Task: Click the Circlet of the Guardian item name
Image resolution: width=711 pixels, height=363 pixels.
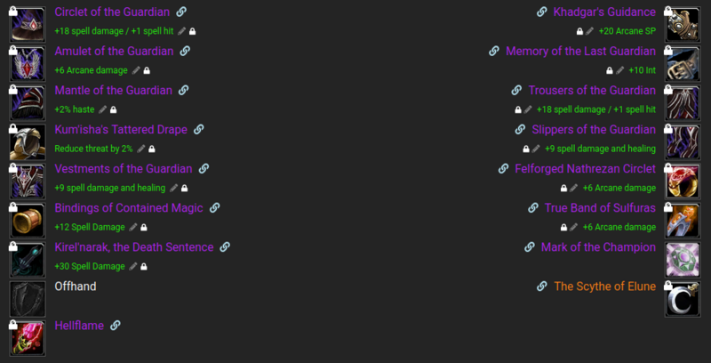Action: (112, 12)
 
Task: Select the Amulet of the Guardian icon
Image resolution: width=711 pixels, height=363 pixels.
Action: (27, 63)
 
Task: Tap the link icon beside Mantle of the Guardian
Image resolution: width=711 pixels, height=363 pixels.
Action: (183, 91)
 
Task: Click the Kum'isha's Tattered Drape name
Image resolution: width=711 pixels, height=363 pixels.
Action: (121, 130)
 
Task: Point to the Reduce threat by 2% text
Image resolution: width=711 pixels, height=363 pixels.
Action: (93, 149)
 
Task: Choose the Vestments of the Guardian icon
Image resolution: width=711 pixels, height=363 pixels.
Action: (27, 181)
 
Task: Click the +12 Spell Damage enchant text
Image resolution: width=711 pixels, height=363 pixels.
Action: (90, 227)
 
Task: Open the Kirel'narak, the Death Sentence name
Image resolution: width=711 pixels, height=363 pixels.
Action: (134, 247)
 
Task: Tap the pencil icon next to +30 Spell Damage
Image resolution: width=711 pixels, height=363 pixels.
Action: (133, 266)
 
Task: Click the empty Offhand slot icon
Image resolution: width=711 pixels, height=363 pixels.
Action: (27, 298)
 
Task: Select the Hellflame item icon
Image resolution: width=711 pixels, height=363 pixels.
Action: (27, 337)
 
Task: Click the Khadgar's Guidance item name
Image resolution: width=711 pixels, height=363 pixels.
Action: (604, 12)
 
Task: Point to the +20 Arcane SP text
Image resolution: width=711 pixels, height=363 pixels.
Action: (627, 31)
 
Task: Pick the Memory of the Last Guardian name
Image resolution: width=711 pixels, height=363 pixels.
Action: (580, 52)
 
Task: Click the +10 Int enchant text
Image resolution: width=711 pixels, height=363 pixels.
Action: (642, 70)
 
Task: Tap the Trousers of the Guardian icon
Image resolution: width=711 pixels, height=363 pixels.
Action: (683, 102)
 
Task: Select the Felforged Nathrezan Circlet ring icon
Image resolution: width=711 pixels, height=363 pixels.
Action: (683, 181)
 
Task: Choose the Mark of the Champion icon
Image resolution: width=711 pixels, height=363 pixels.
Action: (683, 259)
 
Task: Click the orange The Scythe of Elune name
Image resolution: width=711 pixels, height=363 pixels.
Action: (604, 286)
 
